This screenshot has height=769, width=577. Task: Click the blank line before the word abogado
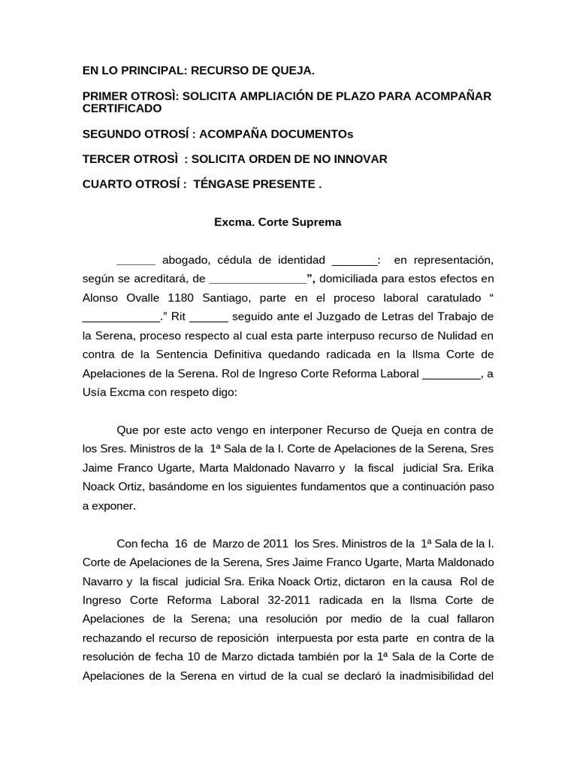point(136,261)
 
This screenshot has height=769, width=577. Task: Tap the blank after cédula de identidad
point(354,261)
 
